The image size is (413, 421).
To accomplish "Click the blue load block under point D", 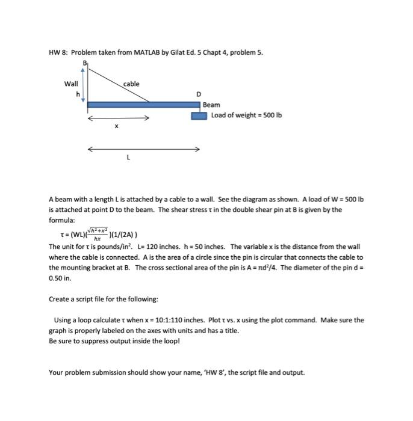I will click(199, 115).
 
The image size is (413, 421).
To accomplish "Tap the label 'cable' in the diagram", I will click(131, 84).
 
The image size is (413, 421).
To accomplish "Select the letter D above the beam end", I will click(199, 94).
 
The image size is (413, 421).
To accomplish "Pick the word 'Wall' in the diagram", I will click(71, 84).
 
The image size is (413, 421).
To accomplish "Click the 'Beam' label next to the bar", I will click(211, 105).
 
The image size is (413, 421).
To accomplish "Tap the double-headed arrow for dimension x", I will click(118, 118).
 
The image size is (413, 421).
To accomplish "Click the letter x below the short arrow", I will click(117, 126).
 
